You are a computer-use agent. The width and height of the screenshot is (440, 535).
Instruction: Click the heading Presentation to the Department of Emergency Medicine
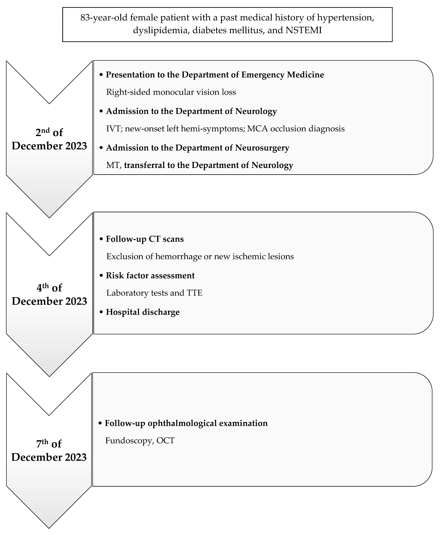pyautogui.click(x=215, y=75)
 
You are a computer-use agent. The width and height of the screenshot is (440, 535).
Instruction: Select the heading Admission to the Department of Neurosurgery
pyautogui.click(x=197, y=148)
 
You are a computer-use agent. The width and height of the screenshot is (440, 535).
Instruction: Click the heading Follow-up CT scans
pyautogui.click(x=145, y=239)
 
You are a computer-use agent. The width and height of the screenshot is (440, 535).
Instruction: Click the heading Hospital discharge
pyautogui.click(x=143, y=312)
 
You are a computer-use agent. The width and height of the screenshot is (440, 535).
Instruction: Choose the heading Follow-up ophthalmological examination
pyautogui.click(x=186, y=423)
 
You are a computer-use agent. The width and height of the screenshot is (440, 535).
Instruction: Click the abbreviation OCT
pyautogui.click(x=165, y=440)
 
